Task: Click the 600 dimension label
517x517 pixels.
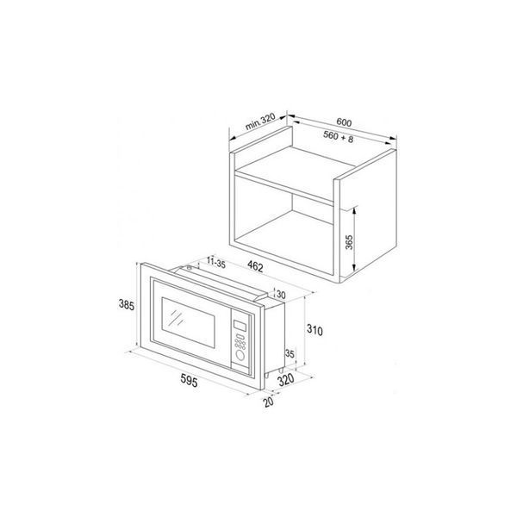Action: click(x=344, y=122)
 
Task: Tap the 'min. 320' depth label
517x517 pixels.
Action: click(x=260, y=121)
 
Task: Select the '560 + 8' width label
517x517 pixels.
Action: click(x=338, y=137)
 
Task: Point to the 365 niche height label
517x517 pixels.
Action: click(x=349, y=242)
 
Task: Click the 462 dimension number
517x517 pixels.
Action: click(x=255, y=266)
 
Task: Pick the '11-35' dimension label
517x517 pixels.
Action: click(x=216, y=263)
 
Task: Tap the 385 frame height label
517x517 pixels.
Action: click(x=127, y=305)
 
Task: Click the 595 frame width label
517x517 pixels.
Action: click(x=190, y=381)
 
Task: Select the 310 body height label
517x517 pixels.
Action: click(x=315, y=330)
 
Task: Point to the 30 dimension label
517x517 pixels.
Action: click(x=281, y=295)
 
